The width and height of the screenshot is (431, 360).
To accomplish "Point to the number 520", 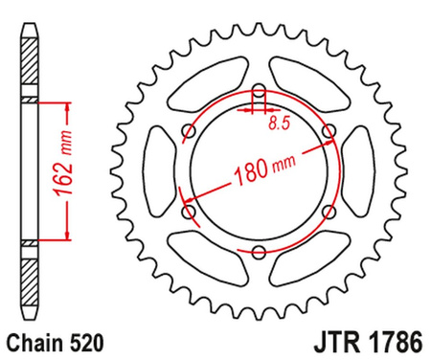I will [83, 339].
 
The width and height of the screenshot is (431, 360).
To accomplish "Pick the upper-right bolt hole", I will [329, 133].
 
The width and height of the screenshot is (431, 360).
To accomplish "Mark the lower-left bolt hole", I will [189, 212].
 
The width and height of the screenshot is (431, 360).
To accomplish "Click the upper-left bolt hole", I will [189, 133].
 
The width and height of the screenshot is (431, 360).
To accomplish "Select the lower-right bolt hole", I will [329, 212].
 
